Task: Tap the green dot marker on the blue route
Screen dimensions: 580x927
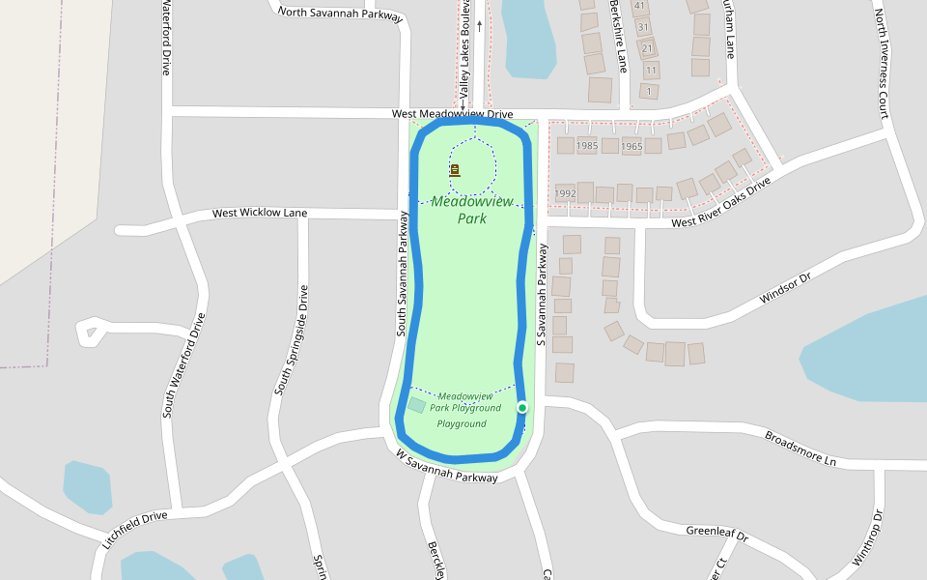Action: [x=522, y=408]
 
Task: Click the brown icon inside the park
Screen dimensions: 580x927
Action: [x=455, y=170]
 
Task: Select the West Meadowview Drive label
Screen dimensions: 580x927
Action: [x=452, y=114]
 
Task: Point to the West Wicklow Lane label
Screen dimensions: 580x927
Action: [x=260, y=213]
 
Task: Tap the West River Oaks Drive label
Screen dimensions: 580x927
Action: [x=721, y=201]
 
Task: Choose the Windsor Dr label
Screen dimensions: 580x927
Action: [x=785, y=288]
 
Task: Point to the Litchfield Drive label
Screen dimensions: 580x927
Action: [x=134, y=531]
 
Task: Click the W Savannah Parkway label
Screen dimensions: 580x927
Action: [x=447, y=465]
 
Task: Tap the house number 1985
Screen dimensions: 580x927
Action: [x=587, y=146]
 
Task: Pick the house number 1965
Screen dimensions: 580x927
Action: [x=632, y=147]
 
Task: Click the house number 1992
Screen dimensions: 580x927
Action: [x=565, y=193]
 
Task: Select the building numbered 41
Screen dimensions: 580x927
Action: [x=639, y=6]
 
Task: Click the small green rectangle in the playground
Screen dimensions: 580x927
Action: [x=416, y=405]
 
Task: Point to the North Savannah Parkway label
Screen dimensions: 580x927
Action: [x=340, y=13]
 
